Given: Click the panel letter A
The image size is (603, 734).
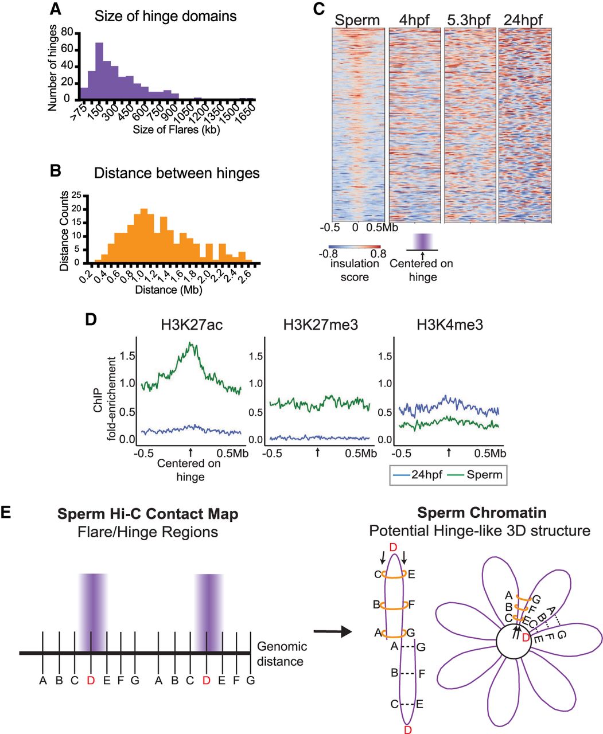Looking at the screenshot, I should click(55, 10).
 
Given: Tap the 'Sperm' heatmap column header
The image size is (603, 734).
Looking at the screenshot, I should click(357, 21).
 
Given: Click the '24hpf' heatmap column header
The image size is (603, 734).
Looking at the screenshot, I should click(524, 21).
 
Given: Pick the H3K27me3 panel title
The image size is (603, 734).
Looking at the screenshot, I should click(317, 325).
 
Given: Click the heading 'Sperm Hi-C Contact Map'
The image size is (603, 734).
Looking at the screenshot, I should click(147, 513).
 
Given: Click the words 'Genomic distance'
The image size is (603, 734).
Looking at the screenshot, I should click(281, 654).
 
